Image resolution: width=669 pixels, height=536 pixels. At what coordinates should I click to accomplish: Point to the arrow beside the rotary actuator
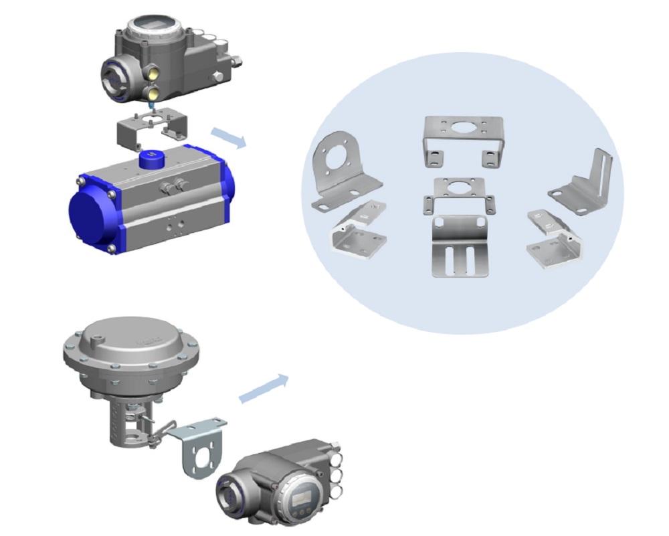coord(228,137)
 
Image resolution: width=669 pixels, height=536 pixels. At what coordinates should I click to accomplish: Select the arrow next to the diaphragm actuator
coord(264,388)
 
